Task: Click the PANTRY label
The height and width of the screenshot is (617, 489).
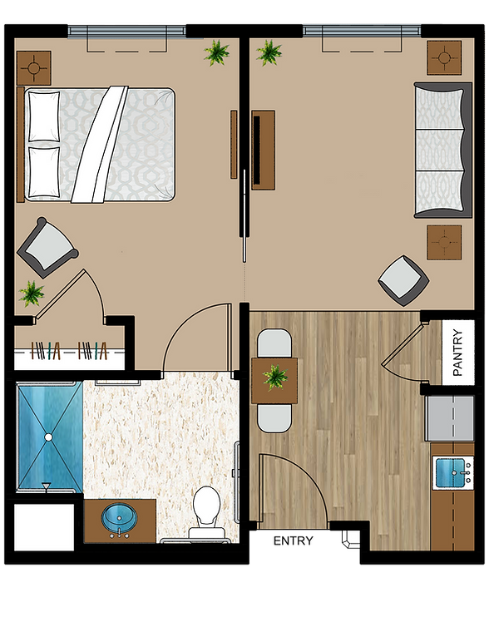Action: point(458,353)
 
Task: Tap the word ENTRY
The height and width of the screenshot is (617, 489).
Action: point(294,541)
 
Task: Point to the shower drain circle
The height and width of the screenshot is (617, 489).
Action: point(48,437)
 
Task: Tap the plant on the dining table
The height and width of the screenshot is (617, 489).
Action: point(275,377)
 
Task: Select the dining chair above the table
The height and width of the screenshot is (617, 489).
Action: point(274,343)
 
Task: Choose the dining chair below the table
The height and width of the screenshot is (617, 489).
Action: point(274,418)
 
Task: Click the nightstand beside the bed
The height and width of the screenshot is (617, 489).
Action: point(34,67)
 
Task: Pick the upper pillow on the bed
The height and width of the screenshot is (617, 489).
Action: point(44,116)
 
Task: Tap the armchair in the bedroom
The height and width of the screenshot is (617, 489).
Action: point(47,247)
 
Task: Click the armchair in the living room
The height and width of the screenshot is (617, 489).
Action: point(403,280)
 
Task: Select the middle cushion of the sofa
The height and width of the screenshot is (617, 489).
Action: point(438,150)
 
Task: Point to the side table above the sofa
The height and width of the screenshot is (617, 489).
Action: point(444,57)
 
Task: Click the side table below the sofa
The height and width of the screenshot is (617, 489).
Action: point(444,242)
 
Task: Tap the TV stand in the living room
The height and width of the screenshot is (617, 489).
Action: point(263,150)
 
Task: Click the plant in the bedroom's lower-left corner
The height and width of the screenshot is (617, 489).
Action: point(32,294)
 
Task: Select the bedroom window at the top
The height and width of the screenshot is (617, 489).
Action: point(126,31)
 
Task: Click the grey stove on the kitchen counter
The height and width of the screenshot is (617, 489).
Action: point(449,418)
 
